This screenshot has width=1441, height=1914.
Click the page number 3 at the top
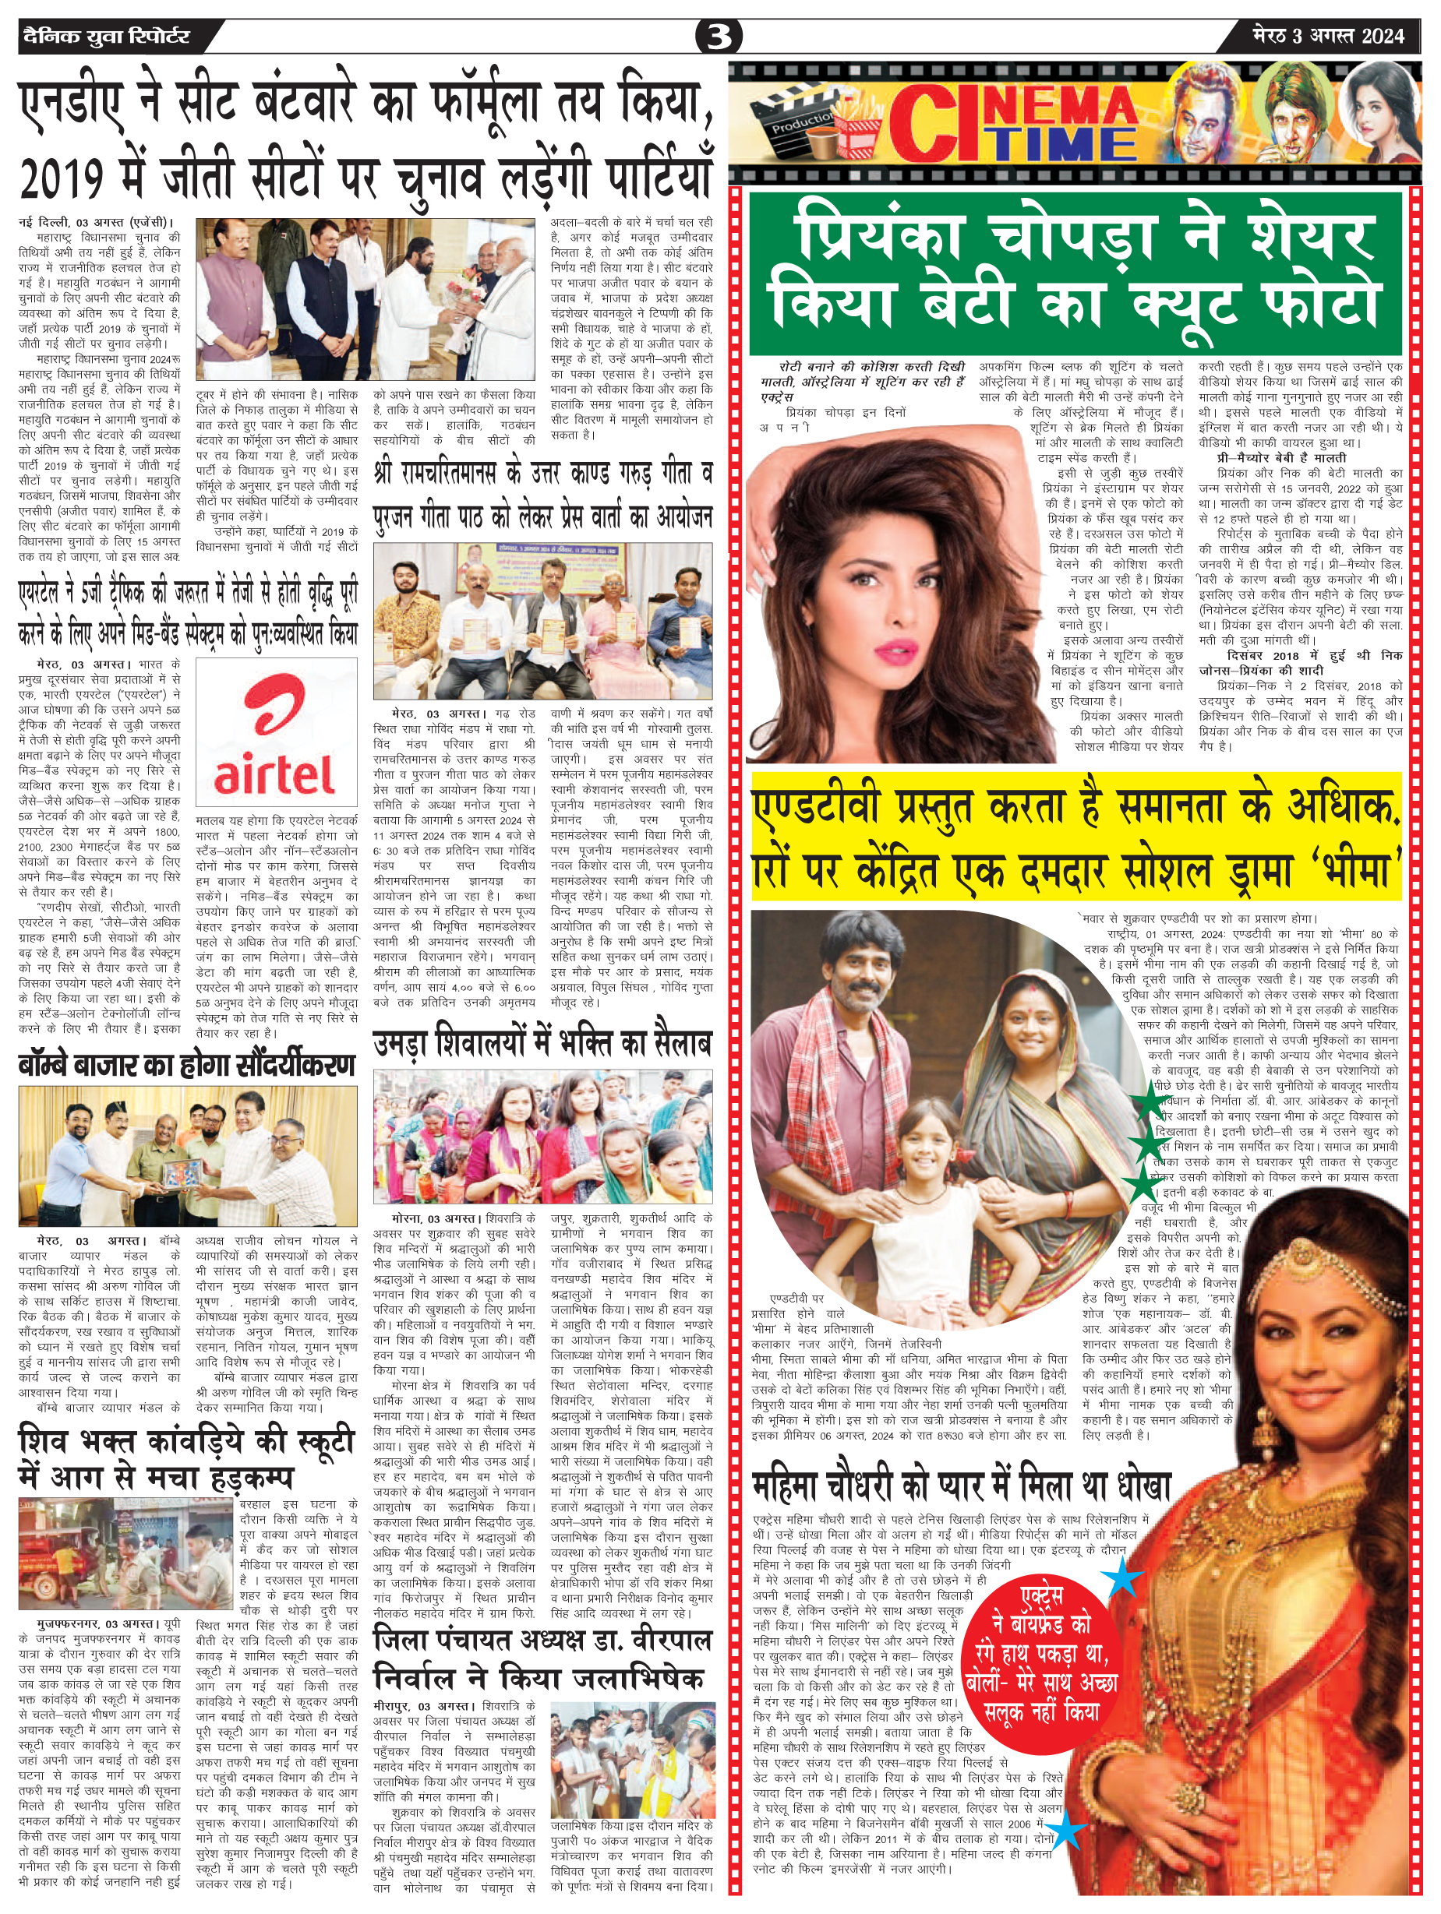[719, 37]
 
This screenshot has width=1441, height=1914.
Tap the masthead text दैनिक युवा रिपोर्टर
[105, 37]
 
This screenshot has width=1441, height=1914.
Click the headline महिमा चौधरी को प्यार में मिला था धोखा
[961, 1486]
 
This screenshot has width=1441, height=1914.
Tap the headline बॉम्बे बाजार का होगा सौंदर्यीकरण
[187, 1064]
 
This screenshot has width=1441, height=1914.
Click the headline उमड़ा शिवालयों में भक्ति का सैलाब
[542, 1042]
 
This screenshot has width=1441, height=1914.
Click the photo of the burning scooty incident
[126, 1553]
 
